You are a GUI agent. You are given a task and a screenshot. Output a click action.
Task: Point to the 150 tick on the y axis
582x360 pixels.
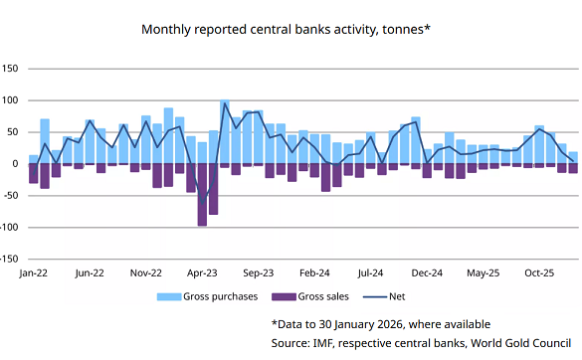(12, 69)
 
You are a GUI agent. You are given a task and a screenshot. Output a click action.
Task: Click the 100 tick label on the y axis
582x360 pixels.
(12, 100)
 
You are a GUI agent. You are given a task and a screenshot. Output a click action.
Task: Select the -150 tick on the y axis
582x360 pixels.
(10, 259)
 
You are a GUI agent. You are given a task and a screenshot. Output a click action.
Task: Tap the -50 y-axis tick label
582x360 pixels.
(12, 195)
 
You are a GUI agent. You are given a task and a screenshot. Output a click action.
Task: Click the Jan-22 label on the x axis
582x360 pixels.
(34, 271)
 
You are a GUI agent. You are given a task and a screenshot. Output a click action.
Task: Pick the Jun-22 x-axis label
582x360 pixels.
(91, 271)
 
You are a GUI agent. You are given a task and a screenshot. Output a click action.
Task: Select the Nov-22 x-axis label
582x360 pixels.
(146, 271)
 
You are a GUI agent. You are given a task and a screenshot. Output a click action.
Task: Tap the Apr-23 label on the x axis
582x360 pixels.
(202, 271)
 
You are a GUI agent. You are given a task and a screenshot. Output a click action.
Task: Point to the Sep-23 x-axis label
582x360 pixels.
(259, 271)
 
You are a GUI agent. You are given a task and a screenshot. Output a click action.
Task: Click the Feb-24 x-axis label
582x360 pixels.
(314, 271)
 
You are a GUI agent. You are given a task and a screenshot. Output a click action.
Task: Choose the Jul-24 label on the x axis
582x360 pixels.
(370, 271)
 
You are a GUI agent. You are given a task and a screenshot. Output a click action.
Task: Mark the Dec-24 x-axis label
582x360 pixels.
(427, 271)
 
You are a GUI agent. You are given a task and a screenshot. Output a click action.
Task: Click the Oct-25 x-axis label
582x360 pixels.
(538, 271)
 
